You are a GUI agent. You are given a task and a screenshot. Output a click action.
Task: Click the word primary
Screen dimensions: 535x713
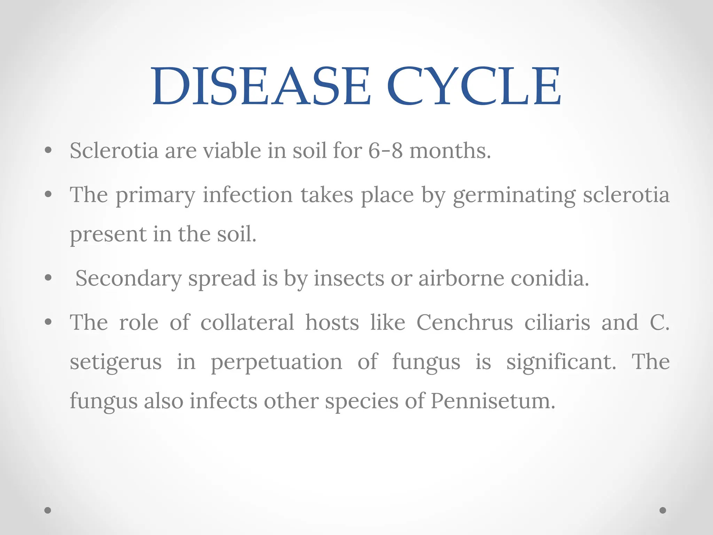click(155, 195)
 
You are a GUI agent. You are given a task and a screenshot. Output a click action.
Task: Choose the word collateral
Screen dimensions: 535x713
click(247, 322)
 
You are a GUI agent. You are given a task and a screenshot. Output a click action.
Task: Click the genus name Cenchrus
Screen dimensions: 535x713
click(465, 322)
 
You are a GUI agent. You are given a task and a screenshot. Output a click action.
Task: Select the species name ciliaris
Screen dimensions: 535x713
click(557, 322)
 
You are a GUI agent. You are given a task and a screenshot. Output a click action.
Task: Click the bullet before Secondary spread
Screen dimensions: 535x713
click(48, 278)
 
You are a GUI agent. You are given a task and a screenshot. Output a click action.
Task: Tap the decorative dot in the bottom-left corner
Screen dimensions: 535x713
click(48, 510)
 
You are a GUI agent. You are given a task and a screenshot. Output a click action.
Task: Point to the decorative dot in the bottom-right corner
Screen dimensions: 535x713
click(663, 510)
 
